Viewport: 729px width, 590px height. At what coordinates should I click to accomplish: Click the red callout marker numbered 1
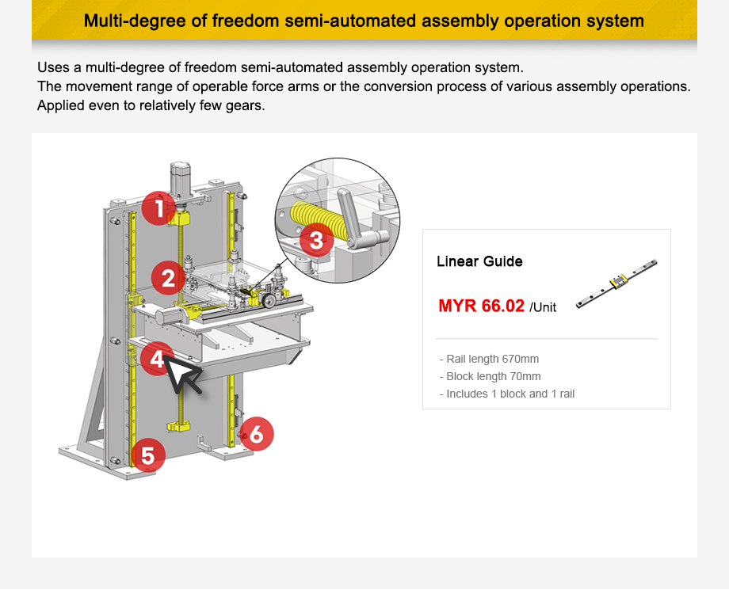pyautogui.click(x=159, y=208)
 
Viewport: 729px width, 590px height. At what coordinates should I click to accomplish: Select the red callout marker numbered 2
pyautogui.click(x=168, y=278)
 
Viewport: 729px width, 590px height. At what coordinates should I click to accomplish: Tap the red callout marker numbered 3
pyautogui.click(x=316, y=239)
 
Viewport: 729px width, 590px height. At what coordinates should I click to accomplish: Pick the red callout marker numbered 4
pyautogui.click(x=157, y=360)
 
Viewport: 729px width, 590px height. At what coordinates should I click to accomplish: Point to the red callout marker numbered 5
pyautogui.click(x=148, y=455)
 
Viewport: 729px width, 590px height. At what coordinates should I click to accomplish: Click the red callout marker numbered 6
pyautogui.click(x=257, y=433)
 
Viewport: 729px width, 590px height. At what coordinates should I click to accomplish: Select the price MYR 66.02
pyautogui.click(x=481, y=306)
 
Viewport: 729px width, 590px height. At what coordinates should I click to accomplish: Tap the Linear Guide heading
pyautogui.click(x=479, y=261)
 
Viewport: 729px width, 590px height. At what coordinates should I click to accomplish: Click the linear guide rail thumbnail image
pyautogui.click(x=616, y=281)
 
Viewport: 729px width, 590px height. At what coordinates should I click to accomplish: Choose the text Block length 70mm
pyautogui.click(x=490, y=376)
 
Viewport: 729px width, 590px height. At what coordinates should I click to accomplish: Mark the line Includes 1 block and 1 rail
pyautogui.click(x=506, y=394)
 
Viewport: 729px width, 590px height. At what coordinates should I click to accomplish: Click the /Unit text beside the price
pyautogui.click(x=543, y=307)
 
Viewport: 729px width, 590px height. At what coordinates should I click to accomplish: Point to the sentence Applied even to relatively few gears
pyautogui.click(x=151, y=105)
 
